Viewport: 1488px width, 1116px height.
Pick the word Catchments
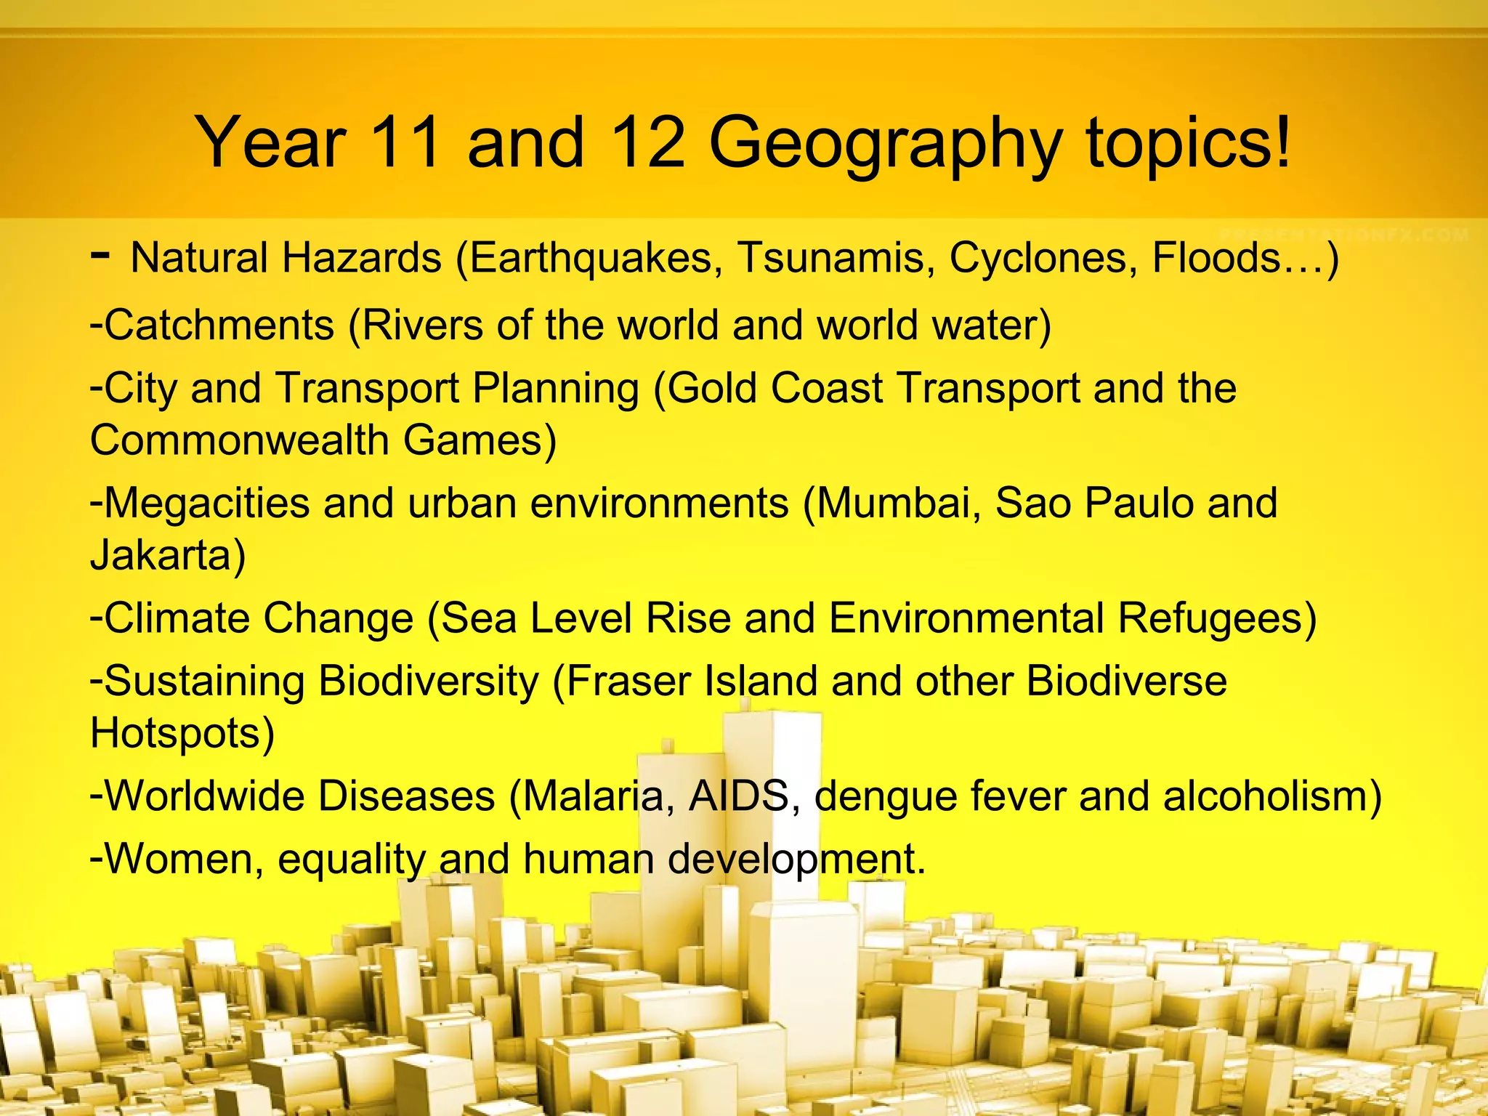(x=218, y=325)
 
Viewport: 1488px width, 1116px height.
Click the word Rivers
(x=422, y=325)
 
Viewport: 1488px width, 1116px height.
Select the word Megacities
(x=206, y=504)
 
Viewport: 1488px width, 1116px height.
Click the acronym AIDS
(x=738, y=796)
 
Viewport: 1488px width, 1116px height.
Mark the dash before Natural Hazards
(x=101, y=256)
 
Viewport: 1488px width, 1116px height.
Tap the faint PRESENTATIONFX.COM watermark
(x=1344, y=235)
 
